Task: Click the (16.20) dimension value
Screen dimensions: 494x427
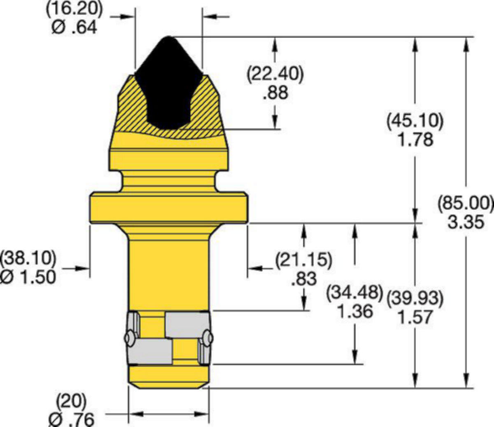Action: point(75,9)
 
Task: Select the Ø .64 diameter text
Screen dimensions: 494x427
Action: point(75,27)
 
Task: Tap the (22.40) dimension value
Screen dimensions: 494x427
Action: point(275,75)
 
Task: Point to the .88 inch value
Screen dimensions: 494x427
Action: point(275,93)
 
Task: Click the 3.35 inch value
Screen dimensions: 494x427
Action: point(466,222)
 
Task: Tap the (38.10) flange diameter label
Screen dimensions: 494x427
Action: point(28,259)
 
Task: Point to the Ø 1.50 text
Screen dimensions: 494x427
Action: point(28,277)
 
